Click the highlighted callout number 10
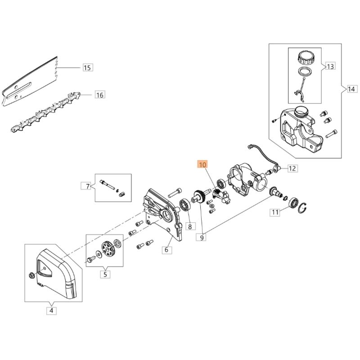202,165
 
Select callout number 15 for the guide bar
87,68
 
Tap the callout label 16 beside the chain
100,94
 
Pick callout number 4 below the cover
51,310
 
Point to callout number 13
330,67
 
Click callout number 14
351,89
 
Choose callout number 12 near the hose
292,168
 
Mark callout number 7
88,186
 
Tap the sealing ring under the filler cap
305,71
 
